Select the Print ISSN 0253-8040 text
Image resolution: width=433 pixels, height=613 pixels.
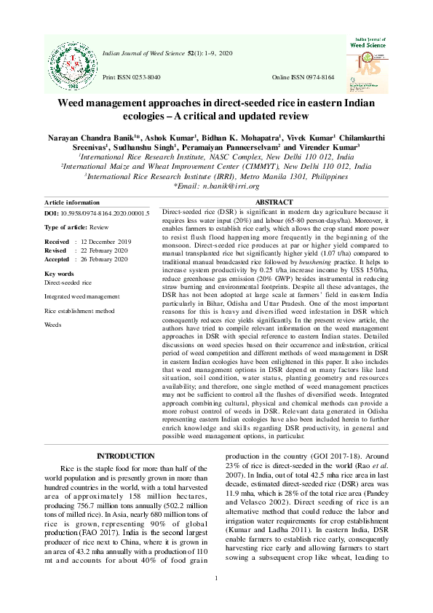(x=132, y=76)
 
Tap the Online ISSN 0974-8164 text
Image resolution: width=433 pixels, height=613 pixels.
(x=303, y=76)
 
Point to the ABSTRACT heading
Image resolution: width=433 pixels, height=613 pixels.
(x=274, y=202)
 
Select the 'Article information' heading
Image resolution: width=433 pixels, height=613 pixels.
(x=72, y=202)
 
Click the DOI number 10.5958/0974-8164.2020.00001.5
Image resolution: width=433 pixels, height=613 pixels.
(x=106, y=213)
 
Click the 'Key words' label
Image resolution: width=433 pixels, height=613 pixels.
(x=59, y=274)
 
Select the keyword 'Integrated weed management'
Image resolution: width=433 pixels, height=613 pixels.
(x=82, y=296)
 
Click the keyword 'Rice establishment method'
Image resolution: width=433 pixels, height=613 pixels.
(x=79, y=310)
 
